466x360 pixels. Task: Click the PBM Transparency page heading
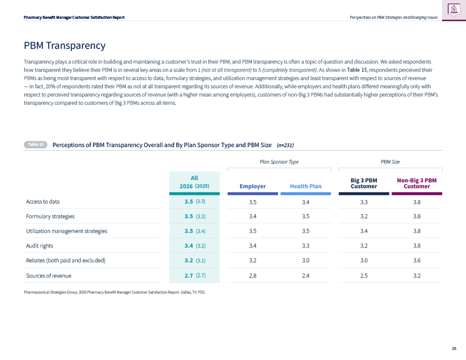point(65,45)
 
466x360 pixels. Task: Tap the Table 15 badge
point(36,145)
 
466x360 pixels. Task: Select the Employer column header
point(252,186)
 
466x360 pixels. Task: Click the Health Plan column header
point(305,186)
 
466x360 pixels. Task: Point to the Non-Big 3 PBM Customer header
point(417,184)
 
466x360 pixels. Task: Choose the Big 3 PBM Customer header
point(364,184)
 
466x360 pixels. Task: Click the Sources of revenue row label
point(49,276)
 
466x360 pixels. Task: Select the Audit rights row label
point(39,246)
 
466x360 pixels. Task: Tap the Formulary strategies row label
point(50,216)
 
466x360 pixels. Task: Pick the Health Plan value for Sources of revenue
point(305,276)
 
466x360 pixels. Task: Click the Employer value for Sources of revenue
point(252,276)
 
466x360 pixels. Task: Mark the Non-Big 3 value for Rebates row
point(417,261)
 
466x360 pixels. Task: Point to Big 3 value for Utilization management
point(364,231)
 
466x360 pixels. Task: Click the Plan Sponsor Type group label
point(279,162)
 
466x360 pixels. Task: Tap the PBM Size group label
point(390,162)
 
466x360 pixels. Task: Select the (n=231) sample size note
point(285,145)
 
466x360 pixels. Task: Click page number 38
point(454,349)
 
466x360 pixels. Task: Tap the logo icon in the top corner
point(454,10)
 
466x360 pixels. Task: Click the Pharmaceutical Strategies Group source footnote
point(114,292)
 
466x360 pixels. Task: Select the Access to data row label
point(43,202)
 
